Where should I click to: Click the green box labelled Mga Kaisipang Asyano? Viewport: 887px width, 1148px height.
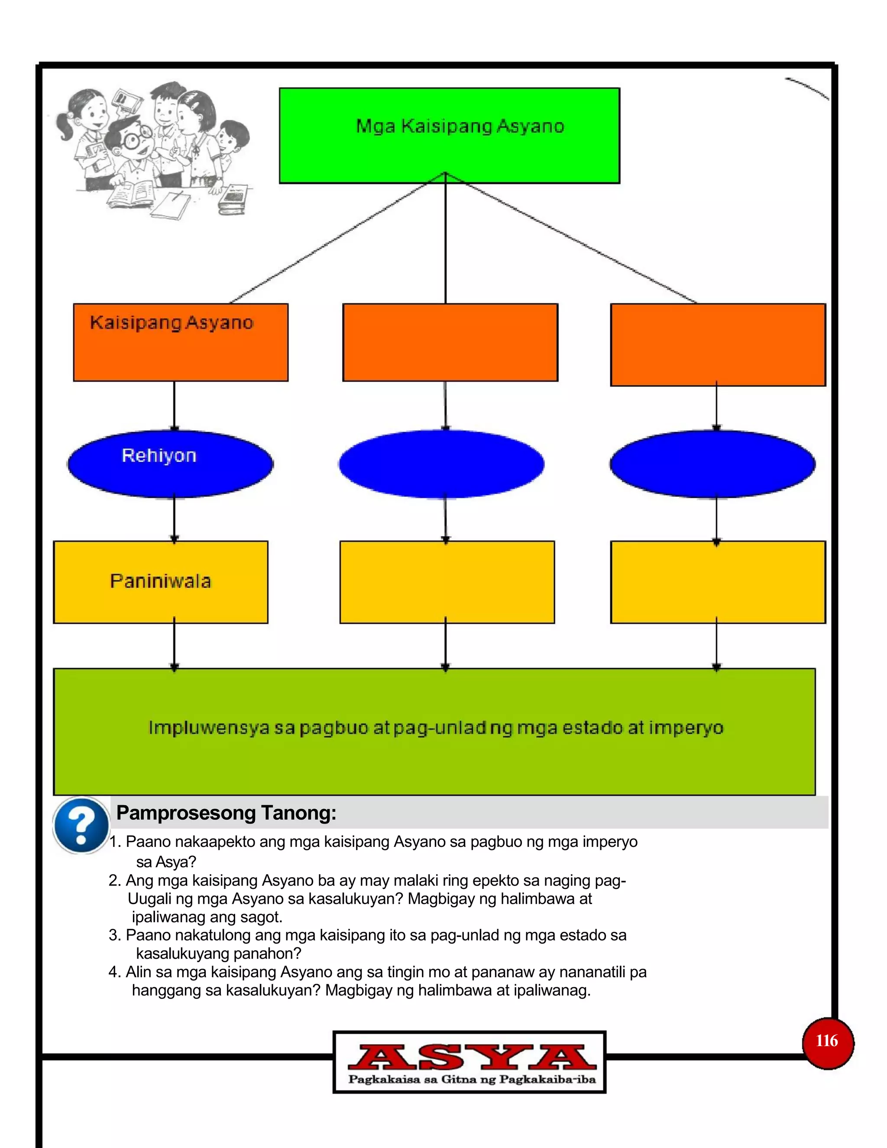click(x=449, y=135)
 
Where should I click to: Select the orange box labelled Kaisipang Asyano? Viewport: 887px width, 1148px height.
click(x=180, y=342)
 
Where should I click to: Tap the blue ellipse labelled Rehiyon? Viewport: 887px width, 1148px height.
click(x=170, y=463)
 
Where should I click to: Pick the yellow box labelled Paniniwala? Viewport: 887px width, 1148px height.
click(x=161, y=581)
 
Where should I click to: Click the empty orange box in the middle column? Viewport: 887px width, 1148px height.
click(x=450, y=342)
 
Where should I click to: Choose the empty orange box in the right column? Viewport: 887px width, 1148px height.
click(x=718, y=344)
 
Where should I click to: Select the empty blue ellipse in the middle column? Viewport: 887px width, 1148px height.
click(x=441, y=463)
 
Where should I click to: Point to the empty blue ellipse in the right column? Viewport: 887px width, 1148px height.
click(x=712, y=463)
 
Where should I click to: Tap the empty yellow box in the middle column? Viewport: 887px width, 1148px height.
click(x=447, y=581)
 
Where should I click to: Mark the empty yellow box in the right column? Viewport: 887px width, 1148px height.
click(x=718, y=581)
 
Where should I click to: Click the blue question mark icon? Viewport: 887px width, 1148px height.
click(x=81, y=824)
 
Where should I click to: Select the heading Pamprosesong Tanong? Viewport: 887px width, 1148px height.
click(x=226, y=813)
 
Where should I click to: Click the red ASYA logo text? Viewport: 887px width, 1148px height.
click(x=471, y=1057)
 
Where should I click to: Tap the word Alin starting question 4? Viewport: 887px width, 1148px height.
click(x=138, y=972)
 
